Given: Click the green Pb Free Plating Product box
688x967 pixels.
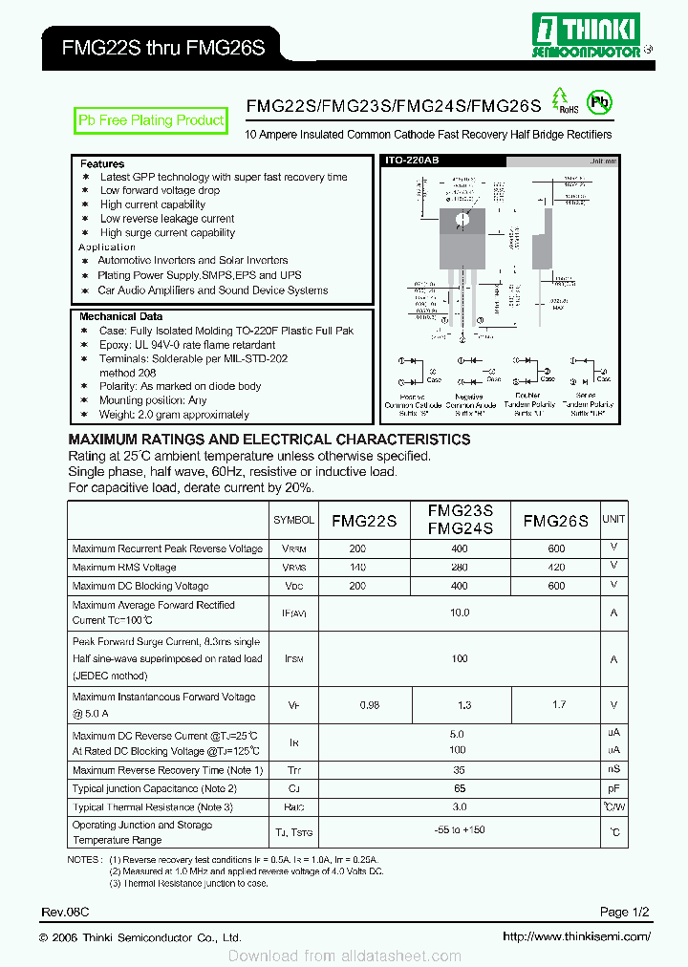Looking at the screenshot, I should point(151,120).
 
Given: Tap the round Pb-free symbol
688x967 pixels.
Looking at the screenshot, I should point(599,101).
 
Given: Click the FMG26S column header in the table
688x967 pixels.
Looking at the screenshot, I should point(555,521).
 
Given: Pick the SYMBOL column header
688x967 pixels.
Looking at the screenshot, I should point(293,520).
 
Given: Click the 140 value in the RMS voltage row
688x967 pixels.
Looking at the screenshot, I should point(357,568).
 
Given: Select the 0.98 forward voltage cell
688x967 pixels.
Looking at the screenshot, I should point(369,705).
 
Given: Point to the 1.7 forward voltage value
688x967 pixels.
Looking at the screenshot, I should point(559,705).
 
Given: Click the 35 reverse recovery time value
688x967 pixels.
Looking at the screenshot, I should point(460,770).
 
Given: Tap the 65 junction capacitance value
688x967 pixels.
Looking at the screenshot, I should point(460,789).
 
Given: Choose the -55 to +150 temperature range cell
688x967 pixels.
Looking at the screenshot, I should point(460,830).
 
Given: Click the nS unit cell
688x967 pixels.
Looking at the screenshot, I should point(613,770).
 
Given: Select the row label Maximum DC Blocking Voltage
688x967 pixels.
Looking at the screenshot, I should point(140,586).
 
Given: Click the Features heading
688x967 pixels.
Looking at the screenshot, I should point(102,164).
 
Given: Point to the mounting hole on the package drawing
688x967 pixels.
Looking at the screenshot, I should point(462,219).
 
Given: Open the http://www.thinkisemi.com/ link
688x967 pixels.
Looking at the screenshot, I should point(576,937).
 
